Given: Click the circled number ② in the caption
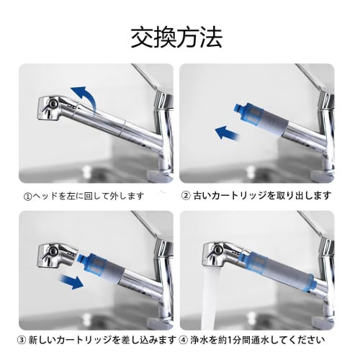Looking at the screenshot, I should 186,195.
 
